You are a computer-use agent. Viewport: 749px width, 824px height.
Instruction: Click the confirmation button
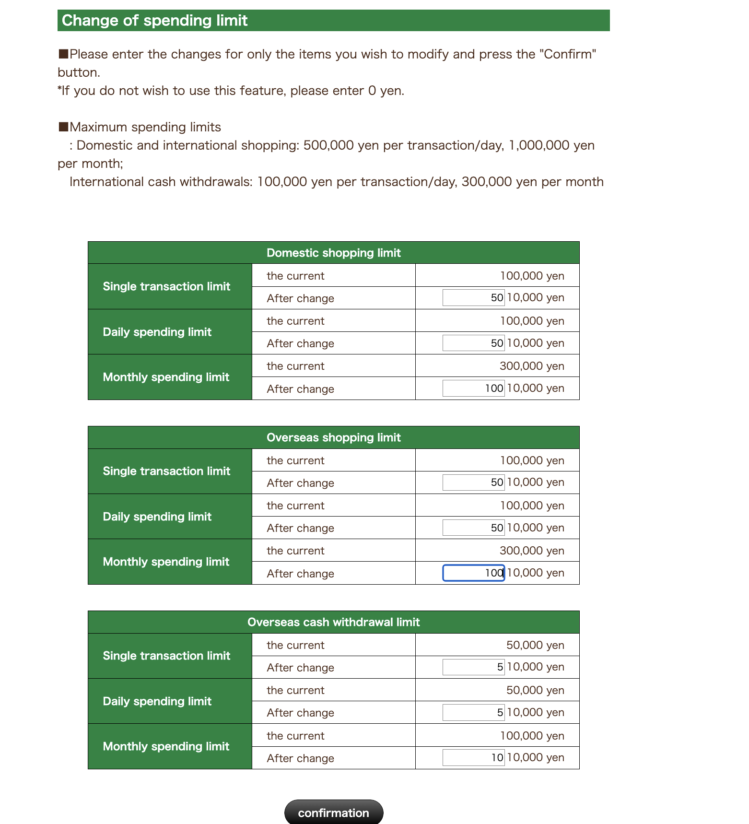(x=333, y=812)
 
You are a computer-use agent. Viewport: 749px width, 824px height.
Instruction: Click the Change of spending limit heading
(x=154, y=21)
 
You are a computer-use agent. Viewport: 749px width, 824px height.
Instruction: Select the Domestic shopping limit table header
(x=333, y=253)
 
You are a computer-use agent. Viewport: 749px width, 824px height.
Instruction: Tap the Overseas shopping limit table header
(x=333, y=437)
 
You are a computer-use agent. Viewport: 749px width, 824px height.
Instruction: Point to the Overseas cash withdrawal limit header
(x=333, y=622)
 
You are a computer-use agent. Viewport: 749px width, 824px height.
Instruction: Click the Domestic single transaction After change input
(x=473, y=298)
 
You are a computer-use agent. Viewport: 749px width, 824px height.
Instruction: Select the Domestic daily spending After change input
(x=473, y=343)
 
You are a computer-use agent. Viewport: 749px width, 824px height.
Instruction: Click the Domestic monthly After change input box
(x=473, y=388)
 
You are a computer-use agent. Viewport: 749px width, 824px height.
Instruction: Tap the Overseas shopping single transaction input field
(x=473, y=483)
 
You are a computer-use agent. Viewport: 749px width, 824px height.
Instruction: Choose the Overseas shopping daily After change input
(x=473, y=528)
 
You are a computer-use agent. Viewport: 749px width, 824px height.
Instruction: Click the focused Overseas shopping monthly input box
(x=473, y=573)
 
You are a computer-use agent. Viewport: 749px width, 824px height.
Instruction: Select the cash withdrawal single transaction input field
(x=473, y=667)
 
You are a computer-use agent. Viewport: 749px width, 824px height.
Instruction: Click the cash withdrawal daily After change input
(x=473, y=712)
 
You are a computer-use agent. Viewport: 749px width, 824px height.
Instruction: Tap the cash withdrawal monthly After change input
(x=473, y=757)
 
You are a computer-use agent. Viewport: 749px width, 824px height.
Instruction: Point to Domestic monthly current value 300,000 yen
(x=532, y=366)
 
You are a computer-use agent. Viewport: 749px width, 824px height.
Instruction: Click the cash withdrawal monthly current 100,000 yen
(x=532, y=736)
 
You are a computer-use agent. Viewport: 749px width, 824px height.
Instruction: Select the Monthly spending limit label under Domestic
(x=166, y=377)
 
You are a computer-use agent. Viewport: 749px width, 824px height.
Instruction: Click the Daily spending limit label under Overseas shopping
(x=157, y=517)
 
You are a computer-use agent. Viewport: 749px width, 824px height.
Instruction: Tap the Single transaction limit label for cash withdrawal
(x=166, y=656)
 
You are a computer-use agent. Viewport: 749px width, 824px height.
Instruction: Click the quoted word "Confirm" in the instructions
(x=567, y=54)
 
